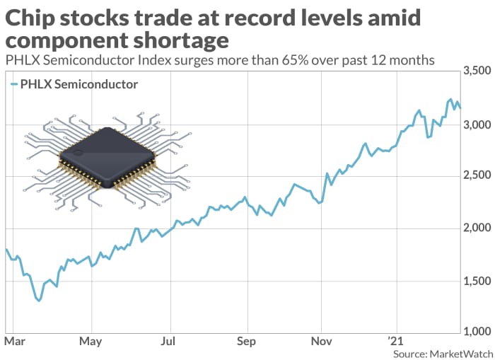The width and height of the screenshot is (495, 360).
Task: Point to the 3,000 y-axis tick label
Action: [x=476, y=124]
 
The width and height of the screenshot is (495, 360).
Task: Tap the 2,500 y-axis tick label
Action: [x=476, y=176]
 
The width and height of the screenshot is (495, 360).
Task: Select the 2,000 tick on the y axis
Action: [x=476, y=228]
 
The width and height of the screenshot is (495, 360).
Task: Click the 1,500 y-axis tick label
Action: [x=476, y=281]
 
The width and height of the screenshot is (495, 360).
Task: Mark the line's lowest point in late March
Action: [x=38, y=301]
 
